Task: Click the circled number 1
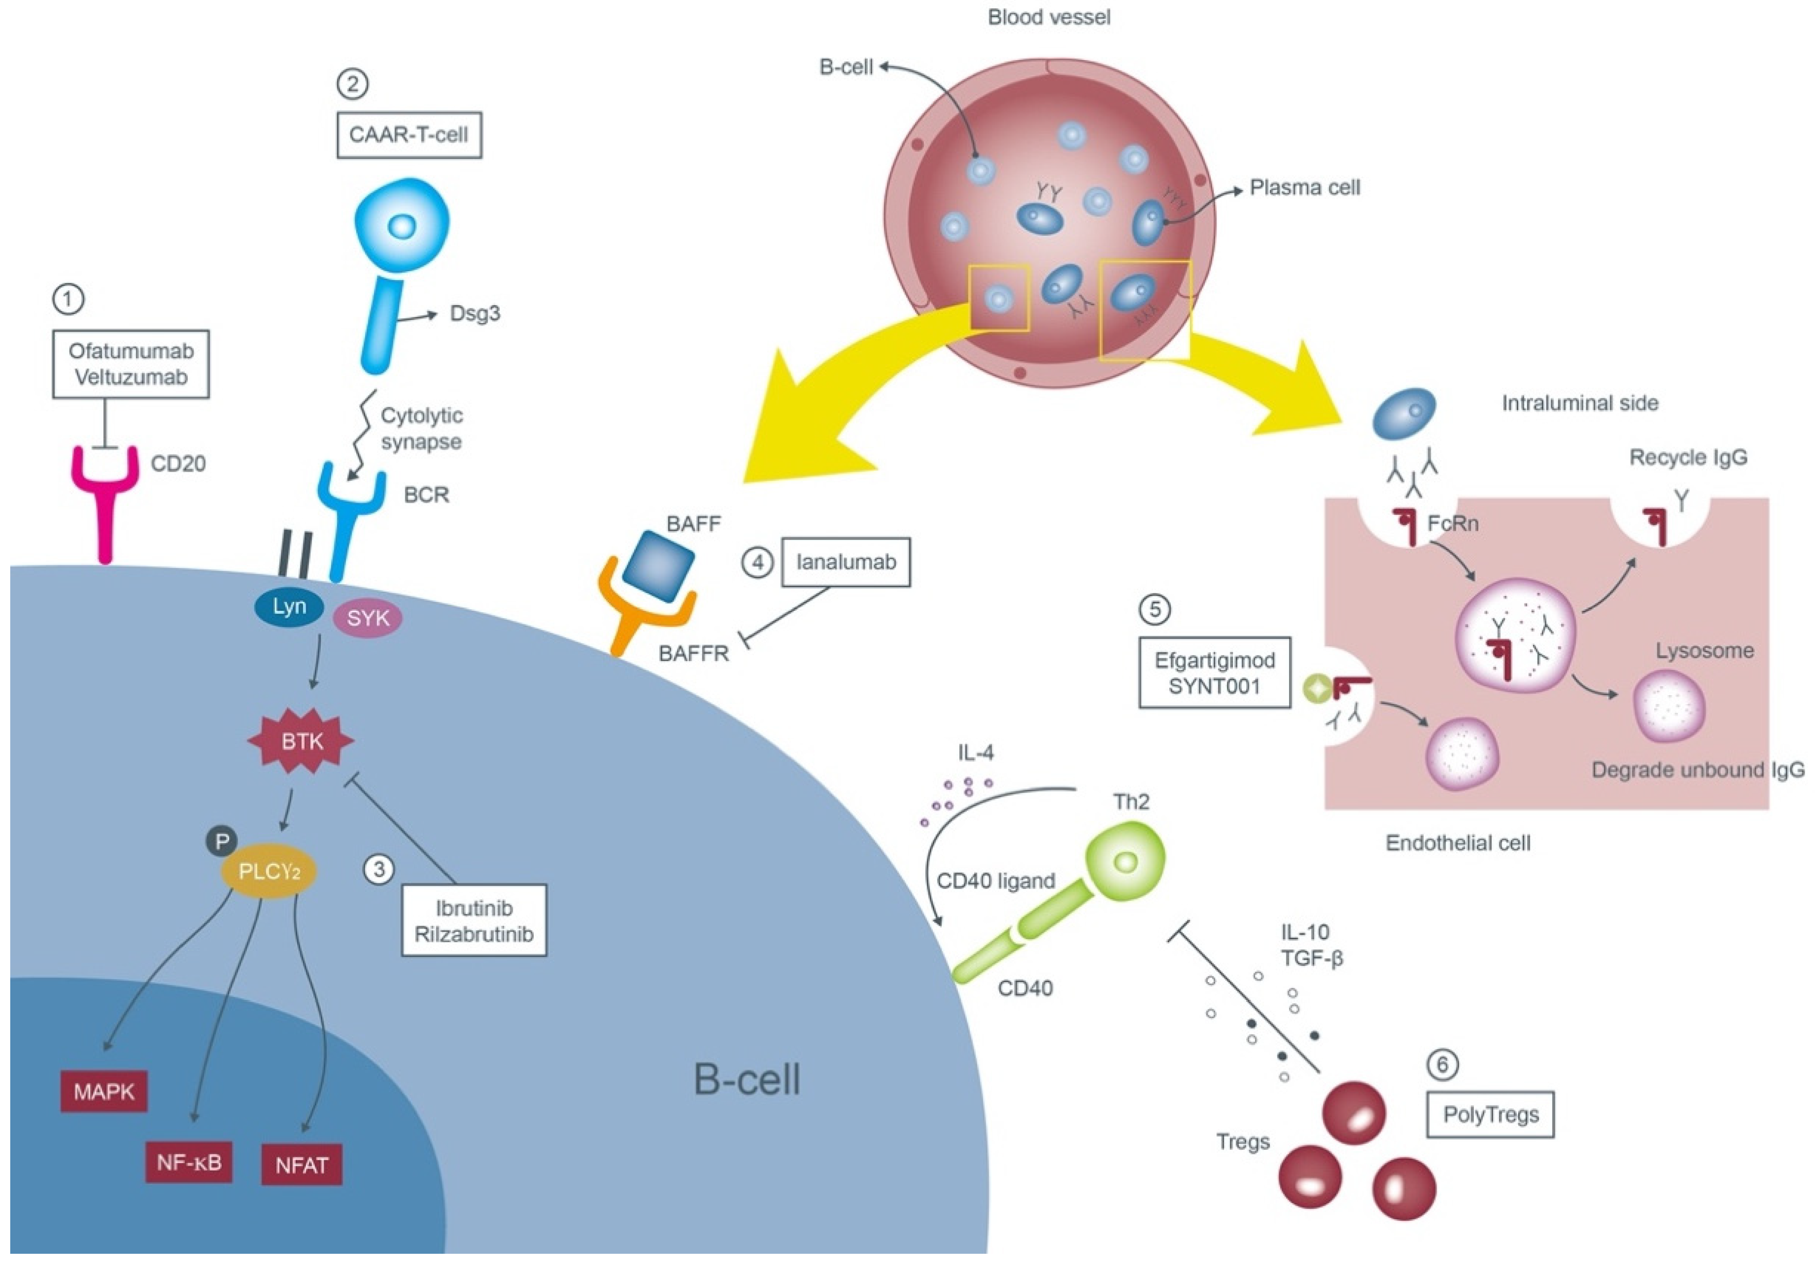pos(68,300)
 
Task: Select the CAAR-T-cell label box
pos(409,135)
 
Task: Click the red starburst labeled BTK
pos(301,741)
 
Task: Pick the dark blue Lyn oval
pos(289,607)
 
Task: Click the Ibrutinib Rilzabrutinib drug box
pos(474,921)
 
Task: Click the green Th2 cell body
pos(1125,861)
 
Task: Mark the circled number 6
pos(1442,1064)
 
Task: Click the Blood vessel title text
pos(1049,17)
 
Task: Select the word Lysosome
pos(1704,650)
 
